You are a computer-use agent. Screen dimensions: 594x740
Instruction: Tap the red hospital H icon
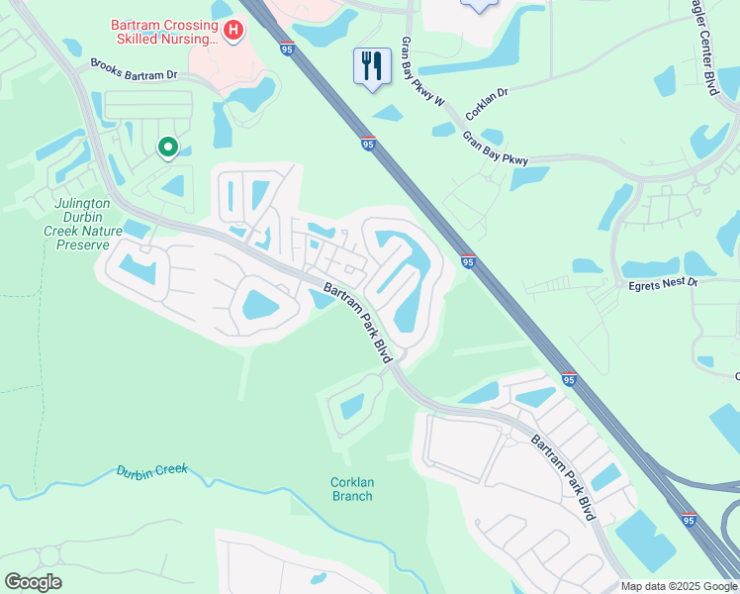pyautogui.click(x=233, y=31)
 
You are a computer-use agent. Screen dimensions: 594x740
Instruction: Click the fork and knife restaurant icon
pyautogui.click(x=372, y=66)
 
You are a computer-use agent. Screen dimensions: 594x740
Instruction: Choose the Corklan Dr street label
pyautogui.click(x=487, y=104)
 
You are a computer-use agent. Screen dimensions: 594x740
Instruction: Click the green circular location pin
pyautogui.click(x=168, y=148)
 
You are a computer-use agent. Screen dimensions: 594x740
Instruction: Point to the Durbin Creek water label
pyautogui.click(x=151, y=471)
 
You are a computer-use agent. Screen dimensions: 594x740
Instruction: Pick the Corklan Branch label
pyautogui.click(x=351, y=489)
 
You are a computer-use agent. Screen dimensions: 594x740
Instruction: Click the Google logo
pyautogui.click(x=33, y=582)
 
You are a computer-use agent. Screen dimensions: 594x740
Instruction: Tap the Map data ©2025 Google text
pyautogui.click(x=678, y=586)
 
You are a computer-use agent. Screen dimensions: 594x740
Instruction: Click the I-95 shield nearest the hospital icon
pyautogui.click(x=287, y=49)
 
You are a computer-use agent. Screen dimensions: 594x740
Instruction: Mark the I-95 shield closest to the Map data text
pyautogui.click(x=690, y=519)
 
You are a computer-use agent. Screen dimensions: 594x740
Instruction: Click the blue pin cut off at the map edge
pyautogui.click(x=480, y=6)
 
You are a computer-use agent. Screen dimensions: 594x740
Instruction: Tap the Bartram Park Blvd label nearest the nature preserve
pyautogui.click(x=353, y=322)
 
